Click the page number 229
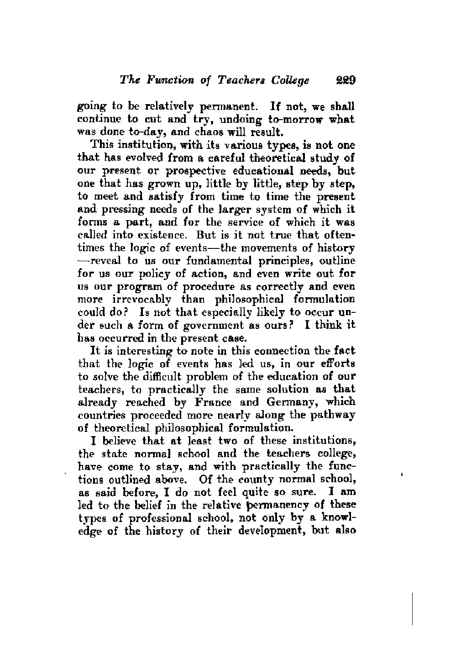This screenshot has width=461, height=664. (342, 80)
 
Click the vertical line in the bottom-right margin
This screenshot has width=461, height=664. (413, 608)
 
